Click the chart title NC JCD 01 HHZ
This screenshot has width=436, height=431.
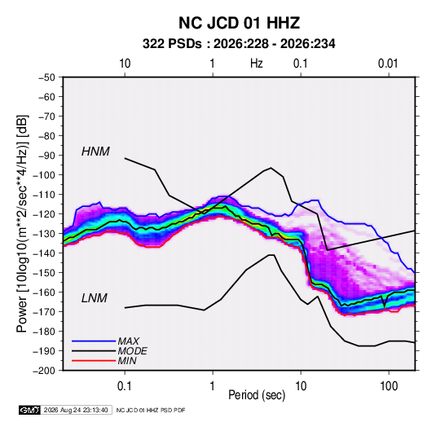coord(239,23)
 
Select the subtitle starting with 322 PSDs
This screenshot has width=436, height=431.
coord(239,44)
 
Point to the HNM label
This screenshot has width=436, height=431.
coord(95,152)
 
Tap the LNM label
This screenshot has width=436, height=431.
coord(95,298)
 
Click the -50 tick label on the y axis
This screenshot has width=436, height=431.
coord(46,77)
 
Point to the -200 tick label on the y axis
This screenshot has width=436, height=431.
coord(44,371)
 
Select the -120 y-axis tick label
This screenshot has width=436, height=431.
coord(44,214)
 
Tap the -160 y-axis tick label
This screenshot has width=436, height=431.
coord(44,292)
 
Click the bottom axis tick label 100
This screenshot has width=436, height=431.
coord(389,385)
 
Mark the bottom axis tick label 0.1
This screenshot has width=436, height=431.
coord(125,385)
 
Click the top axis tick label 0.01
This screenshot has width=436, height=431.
coord(388,64)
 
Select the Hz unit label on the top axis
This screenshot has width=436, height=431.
coord(257,64)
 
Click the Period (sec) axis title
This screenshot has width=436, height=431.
coord(257,395)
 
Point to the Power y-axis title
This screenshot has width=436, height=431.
coord(22,224)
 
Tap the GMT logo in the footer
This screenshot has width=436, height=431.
coord(29,410)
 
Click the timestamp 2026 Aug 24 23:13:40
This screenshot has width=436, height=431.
coord(76,410)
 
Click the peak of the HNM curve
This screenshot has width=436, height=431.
coord(271,168)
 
